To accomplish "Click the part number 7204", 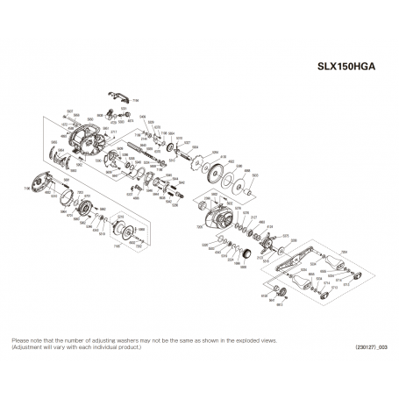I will coord(344,251).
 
